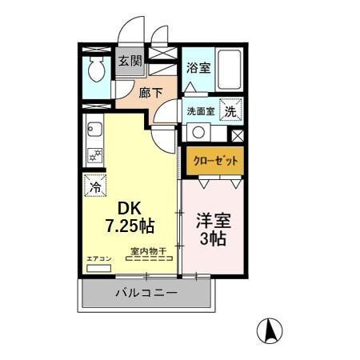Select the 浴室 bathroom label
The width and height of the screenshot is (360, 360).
pos(198,68)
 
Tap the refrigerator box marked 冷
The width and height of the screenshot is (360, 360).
pos(94,186)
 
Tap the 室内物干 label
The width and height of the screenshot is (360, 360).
pos(148,250)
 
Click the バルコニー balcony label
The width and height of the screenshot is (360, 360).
pos(145,294)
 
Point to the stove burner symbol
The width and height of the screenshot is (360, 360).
pos(94,154)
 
